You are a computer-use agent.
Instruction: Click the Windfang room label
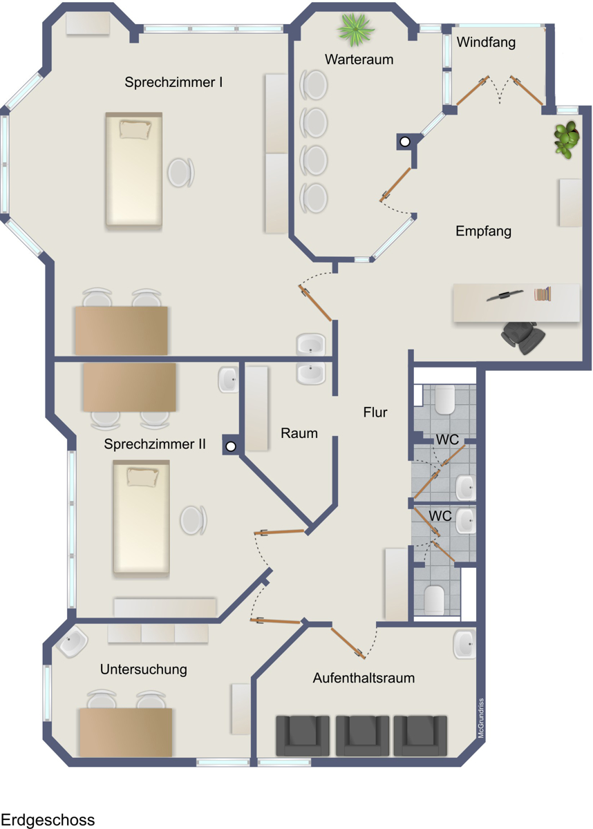click(486, 43)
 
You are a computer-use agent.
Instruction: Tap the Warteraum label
click(359, 59)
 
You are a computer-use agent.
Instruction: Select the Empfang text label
click(483, 231)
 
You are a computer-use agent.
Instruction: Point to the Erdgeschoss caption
click(48, 819)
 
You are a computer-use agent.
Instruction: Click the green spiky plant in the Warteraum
click(356, 30)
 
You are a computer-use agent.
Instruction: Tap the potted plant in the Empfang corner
click(566, 140)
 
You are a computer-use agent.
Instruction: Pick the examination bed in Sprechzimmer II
click(141, 517)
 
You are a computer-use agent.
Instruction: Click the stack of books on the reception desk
click(543, 294)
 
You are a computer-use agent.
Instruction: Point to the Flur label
click(375, 412)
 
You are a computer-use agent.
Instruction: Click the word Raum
click(299, 433)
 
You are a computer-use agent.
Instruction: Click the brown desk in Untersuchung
click(126, 732)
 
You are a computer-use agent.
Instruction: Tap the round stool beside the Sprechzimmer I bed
click(180, 173)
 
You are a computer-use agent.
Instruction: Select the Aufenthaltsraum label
click(364, 678)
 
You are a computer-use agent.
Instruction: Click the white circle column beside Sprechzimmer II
click(231, 447)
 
